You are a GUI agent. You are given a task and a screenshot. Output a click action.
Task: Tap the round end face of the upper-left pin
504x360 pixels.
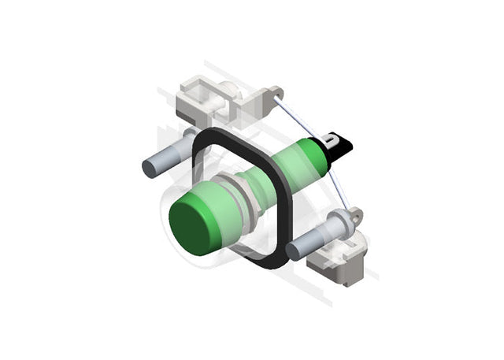pyautogui.click(x=150, y=168)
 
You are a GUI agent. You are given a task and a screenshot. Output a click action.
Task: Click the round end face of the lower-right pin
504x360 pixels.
pyautogui.click(x=295, y=251)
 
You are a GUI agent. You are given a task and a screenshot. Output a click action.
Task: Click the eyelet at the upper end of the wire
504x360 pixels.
pyautogui.click(x=276, y=93)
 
